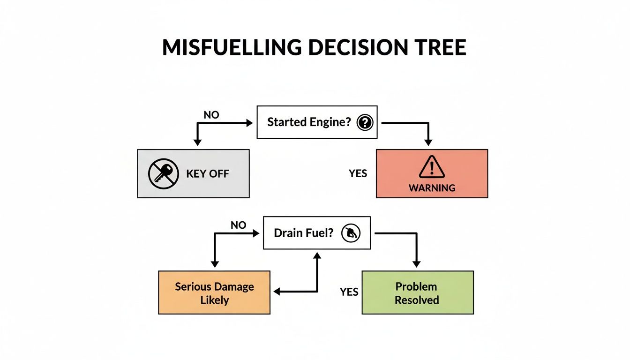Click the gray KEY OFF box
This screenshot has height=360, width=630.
pos(193,173)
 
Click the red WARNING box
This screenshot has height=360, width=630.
pos(432,173)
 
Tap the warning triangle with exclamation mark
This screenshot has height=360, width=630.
pos(432,167)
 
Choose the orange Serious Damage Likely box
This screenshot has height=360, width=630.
pos(214,292)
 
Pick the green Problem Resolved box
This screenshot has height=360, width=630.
pos(417,292)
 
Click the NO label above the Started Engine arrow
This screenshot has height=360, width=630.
pos(211,115)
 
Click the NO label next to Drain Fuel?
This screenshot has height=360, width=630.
pos(238,225)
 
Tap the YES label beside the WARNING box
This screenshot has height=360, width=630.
pos(358,173)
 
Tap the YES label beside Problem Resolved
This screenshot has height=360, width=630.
pos(349,292)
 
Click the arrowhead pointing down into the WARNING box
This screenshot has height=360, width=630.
pos(427,142)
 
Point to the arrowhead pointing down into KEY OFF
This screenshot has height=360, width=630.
pos(197,142)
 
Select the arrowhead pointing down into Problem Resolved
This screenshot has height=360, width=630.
pos(416,264)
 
